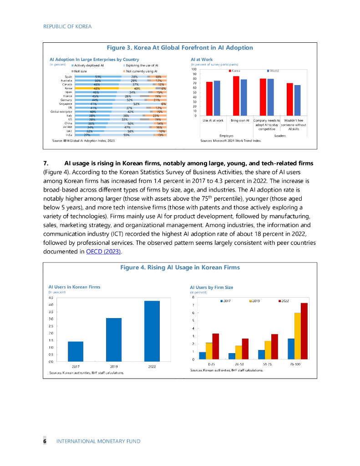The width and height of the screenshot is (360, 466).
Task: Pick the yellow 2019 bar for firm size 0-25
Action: pyautogui.click(x=209, y=351)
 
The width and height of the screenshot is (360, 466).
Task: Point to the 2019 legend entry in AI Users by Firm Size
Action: pyautogui.click(x=255, y=301)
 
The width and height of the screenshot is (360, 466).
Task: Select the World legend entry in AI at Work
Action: pyautogui.click(x=273, y=71)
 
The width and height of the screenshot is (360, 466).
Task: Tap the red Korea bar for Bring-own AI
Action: pyautogui.click(x=236, y=96)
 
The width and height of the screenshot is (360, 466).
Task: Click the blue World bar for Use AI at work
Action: pyautogui.click(x=217, y=98)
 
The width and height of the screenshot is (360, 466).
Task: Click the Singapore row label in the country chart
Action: pyautogui.click(x=66, y=104)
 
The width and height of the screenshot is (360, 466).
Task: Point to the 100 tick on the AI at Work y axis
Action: pyautogui.click(x=194, y=69)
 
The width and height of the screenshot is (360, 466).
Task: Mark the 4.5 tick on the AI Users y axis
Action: pyautogui.click(x=51, y=297)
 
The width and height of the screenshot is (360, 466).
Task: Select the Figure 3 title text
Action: pyautogui.click(x=179, y=48)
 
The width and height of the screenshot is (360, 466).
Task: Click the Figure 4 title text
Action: pyautogui.click(x=179, y=268)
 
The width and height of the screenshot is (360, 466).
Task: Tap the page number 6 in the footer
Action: pyautogui.click(x=45, y=441)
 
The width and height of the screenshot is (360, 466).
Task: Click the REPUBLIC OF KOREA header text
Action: pyautogui.click(x=67, y=26)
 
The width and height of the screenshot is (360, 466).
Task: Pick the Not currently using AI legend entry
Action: pyautogui.click(x=140, y=71)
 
